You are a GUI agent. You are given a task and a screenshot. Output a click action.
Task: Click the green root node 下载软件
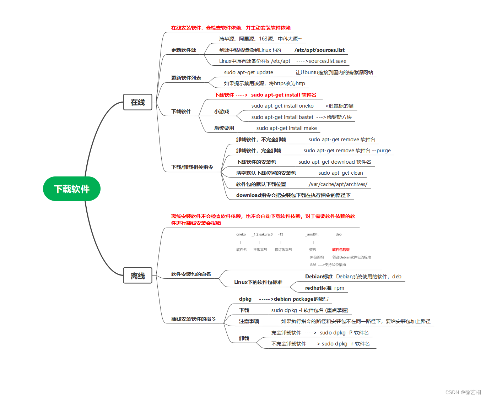(72, 189)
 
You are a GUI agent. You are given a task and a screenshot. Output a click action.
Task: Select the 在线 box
(137, 102)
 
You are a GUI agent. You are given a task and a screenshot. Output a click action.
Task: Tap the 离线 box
(137, 276)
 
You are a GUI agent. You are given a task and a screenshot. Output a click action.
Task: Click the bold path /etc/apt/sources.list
(319, 50)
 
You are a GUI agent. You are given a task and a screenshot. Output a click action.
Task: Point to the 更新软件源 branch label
(183, 50)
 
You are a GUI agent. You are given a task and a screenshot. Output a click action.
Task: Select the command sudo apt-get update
(248, 72)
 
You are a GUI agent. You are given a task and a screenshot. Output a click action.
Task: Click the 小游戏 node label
(221, 111)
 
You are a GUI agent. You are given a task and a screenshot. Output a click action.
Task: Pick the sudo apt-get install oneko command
(282, 106)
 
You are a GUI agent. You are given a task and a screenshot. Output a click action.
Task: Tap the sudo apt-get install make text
(286, 128)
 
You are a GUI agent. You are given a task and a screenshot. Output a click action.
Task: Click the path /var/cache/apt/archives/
(338, 184)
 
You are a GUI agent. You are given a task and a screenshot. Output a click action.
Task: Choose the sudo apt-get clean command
(340, 173)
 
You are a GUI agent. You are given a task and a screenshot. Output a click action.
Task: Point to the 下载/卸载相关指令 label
(192, 167)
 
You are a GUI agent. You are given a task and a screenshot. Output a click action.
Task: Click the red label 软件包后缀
(341, 250)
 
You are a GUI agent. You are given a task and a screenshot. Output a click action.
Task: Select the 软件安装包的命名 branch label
(191, 274)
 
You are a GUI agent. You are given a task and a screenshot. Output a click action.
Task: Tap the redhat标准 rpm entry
(324, 288)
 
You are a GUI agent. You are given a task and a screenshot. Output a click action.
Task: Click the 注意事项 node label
(249, 321)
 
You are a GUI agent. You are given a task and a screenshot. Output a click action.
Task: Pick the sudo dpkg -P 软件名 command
(344, 333)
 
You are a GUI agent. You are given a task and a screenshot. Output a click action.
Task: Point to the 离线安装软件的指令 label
(193, 319)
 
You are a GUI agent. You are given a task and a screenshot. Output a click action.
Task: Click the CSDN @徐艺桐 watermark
(463, 392)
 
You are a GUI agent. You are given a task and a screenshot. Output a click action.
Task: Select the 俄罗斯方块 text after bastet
(339, 117)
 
